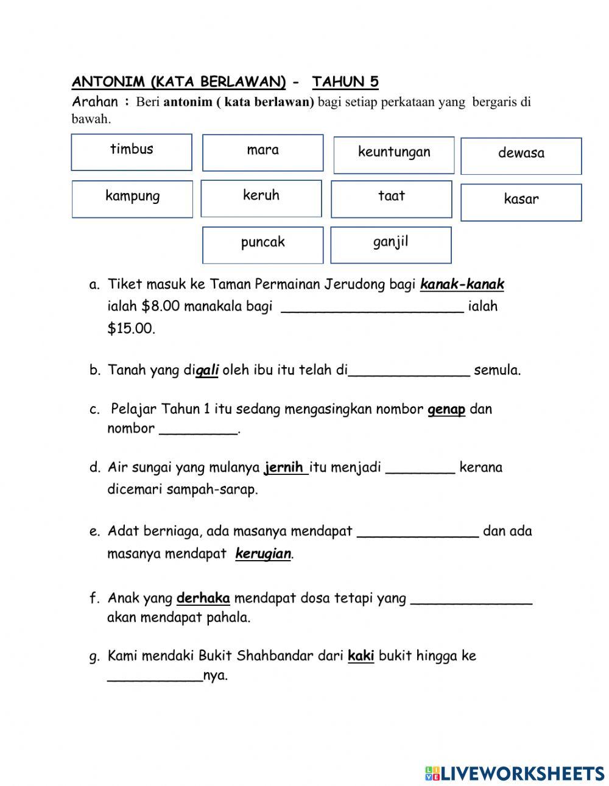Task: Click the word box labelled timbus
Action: tap(132, 152)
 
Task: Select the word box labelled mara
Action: tap(262, 153)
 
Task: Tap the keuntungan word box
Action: tap(394, 155)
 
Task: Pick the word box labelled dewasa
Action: tap(521, 156)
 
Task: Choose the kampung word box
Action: tap(132, 199)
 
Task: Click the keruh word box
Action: tap(261, 198)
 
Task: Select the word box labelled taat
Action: tap(391, 199)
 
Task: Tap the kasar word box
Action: tap(521, 202)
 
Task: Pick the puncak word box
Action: tap(262, 245)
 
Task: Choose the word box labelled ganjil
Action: tap(390, 245)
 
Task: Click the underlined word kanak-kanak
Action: tap(462, 284)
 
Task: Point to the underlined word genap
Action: tap(446, 409)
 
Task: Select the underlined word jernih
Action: tap(284, 468)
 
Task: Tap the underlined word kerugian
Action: tap(263, 554)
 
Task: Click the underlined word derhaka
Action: tap(203, 598)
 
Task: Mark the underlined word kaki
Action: tap(361, 656)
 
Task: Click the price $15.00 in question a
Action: tap(131, 329)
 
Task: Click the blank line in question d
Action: tap(420, 470)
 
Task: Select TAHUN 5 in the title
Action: tap(345, 82)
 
